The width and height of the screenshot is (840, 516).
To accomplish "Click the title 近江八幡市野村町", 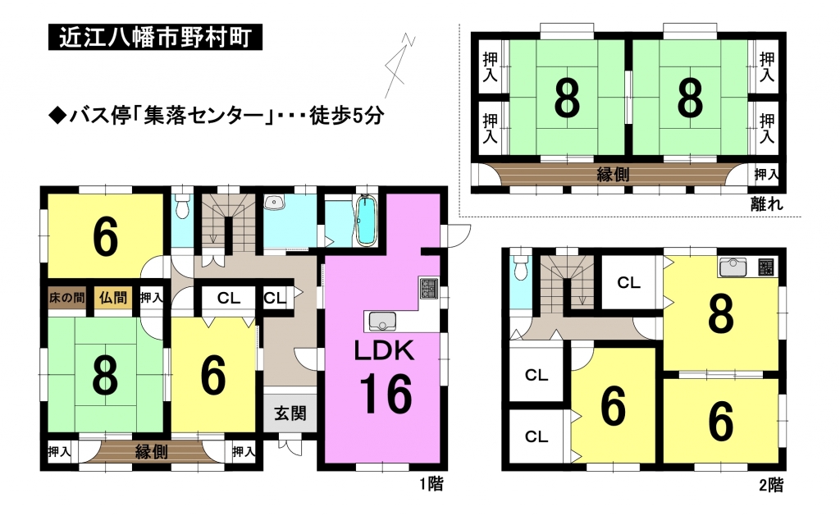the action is pyautogui.click(x=155, y=38).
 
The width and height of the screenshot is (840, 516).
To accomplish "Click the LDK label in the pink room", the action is pyautogui.click(x=384, y=351).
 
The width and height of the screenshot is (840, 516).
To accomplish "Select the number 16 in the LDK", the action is pyautogui.click(x=386, y=394).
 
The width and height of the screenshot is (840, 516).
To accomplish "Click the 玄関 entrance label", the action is pyautogui.click(x=290, y=413).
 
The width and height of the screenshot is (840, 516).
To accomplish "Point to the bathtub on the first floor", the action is pyautogui.click(x=367, y=221).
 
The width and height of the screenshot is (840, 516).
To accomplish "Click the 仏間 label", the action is pyautogui.click(x=113, y=297).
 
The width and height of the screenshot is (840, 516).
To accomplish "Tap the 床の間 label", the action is pyautogui.click(x=67, y=298).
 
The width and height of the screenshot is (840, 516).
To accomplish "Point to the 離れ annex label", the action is pyautogui.click(x=767, y=203).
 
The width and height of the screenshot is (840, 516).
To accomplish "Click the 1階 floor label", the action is pyautogui.click(x=431, y=484).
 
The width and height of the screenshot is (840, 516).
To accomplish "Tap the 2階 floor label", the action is pyautogui.click(x=771, y=485).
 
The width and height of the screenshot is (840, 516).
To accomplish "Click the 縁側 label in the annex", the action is pyautogui.click(x=613, y=174).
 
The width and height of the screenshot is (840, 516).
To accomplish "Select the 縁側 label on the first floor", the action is pyautogui.click(x=152, y=452).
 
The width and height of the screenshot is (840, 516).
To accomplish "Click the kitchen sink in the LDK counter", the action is pyautogui.click(x=381, y=322).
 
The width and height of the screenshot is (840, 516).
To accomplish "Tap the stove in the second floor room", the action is pyautogui.click(x=766, y=267).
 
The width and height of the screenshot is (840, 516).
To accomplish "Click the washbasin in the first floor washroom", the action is pyautogui.click(x=275, y=203).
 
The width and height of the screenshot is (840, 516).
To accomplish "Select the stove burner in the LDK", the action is pyautogui.click(x=429, y=288).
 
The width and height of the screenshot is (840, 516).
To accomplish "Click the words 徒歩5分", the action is pyautogui.click(x=346, y=116).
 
